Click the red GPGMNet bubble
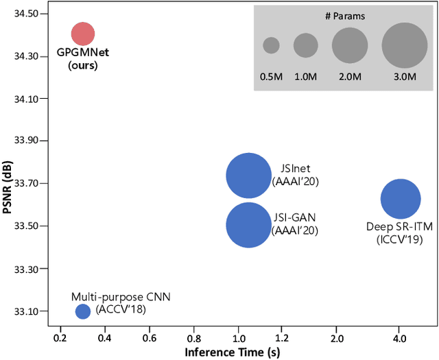point(82,33)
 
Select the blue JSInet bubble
point(248,176)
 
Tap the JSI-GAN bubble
point(248,224)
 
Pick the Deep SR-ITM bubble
point(400,200)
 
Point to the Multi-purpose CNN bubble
point(82,311)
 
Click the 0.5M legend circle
point(271,45)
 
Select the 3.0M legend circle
point(405,45)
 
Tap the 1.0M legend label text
point(306,77)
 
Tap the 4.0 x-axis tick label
point(400,339)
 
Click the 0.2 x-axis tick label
point(60,339)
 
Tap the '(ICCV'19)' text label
point(400,239)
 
